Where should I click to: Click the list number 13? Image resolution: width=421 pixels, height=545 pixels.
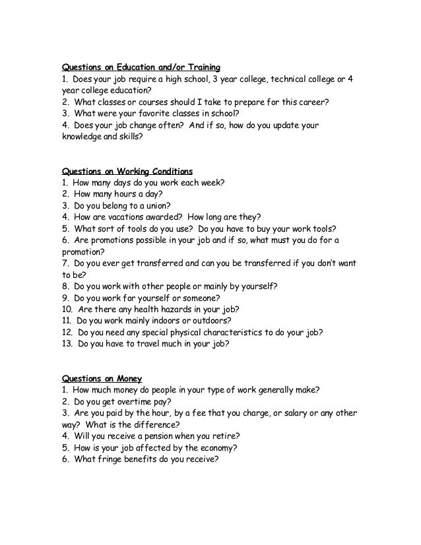pos(66,344)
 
